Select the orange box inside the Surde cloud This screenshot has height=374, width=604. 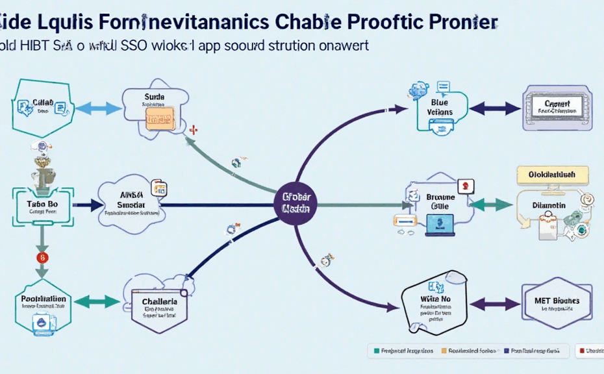(159, 118)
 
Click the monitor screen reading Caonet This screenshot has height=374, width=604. (557, 107)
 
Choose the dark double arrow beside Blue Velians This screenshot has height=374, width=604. (495, 108)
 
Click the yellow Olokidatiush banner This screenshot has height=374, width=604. (552, 175)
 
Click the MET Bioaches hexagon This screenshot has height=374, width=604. (557, 303)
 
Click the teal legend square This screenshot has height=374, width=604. (375, 351)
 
